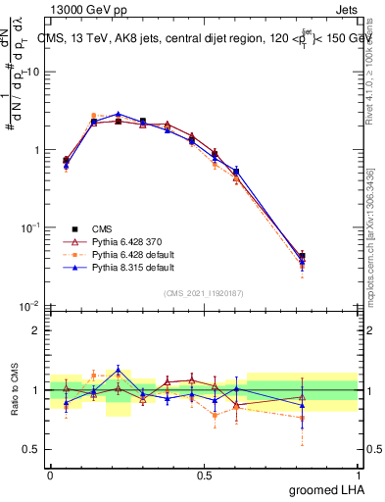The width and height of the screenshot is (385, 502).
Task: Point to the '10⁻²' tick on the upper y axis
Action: tap(31, 305)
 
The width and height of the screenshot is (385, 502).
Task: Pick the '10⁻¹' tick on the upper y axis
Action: tap(31, 227)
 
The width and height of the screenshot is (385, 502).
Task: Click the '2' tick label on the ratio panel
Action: tap(37, 330)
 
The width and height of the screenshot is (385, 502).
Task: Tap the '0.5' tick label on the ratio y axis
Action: tap(33, 451)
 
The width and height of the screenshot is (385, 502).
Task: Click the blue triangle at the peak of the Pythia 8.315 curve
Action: tap(119, 114)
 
